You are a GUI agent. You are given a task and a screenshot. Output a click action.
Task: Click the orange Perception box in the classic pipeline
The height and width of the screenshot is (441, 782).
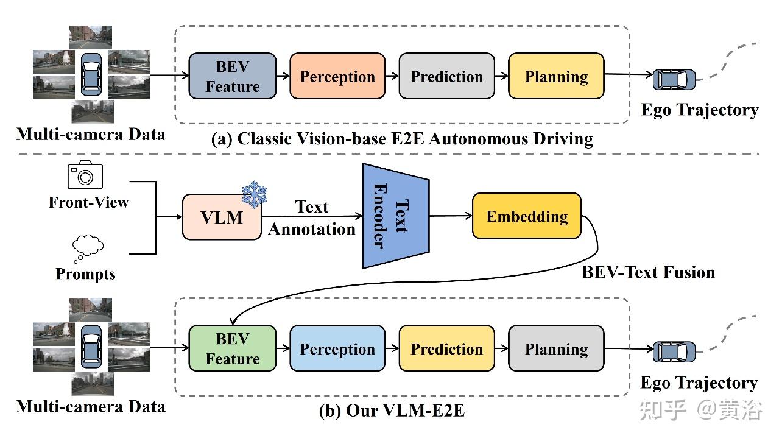click(x=337, y=76)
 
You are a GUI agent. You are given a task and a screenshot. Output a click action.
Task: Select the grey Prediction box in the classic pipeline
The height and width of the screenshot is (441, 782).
click(x=446, y=76)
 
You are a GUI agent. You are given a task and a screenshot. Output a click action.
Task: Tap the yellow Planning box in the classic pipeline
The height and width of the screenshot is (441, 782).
click(x=556, y=76)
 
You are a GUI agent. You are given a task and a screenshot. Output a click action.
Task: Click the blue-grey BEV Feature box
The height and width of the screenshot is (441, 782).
click(x=232, y=76)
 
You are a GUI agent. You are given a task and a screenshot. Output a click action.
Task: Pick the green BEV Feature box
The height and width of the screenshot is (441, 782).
click(x=232, y=348)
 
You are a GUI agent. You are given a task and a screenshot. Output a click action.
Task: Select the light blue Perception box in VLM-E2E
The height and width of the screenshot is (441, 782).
click(x=337, y=348)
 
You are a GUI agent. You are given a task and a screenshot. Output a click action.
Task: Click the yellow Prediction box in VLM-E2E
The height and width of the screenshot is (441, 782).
click(x=446, y=348)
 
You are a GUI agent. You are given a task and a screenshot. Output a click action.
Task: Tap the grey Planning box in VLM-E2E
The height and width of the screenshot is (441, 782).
click(x=556, y=348)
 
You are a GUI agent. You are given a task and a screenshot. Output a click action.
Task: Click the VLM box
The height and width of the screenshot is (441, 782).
click(x=222, y=217)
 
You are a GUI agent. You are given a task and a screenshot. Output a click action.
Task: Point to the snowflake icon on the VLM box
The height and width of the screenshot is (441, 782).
click(x=255, y=194)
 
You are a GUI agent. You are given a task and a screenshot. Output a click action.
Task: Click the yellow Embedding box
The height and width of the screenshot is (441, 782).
click(x=527, y=216)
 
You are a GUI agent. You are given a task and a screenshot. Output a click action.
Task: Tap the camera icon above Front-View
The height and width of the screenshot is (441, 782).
click(x=85, y=175)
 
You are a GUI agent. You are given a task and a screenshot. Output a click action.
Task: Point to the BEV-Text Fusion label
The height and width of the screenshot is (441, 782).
click(x=648, y=272)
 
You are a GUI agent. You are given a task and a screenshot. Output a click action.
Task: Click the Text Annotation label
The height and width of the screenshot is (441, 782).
click(x=312, y=218)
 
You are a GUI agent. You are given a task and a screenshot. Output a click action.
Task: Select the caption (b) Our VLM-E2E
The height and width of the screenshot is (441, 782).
click(x=392, y=411)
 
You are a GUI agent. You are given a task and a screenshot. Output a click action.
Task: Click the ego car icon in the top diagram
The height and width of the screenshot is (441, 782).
click(x=674, y=79)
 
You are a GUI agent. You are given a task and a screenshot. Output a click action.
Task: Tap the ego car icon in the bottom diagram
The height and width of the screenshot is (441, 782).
click(x=674, y=351)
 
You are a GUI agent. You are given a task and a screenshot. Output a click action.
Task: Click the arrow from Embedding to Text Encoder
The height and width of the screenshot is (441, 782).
click(x=450, y=216)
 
